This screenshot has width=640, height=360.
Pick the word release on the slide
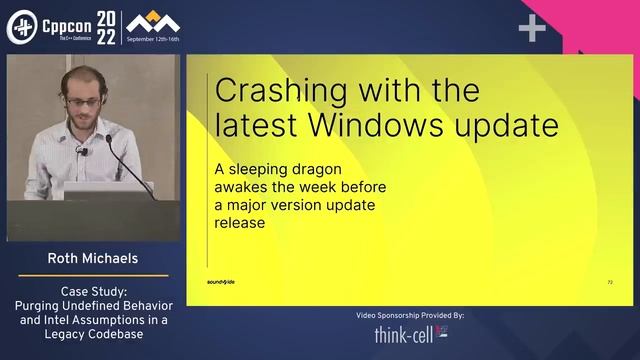pos(241,223)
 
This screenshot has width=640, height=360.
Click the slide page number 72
pos(610,283)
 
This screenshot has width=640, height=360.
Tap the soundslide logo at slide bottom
pos(221,283)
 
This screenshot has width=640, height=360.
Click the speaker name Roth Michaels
pos(92,258)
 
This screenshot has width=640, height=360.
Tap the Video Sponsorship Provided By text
pos(410,315)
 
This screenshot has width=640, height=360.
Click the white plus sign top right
pos(532,29)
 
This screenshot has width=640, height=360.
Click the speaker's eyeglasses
pos(85,101)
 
